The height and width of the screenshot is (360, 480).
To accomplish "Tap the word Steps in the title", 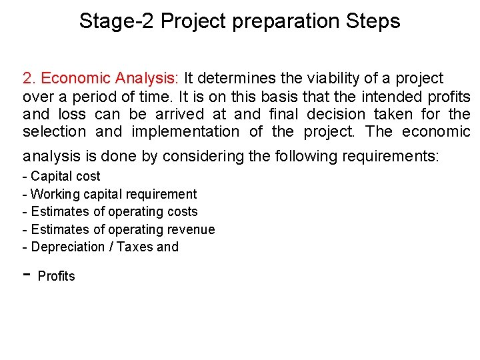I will [x=373, y=21].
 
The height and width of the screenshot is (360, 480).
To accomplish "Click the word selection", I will [x=55, y=131].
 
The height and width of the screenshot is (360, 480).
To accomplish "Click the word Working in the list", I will [x=55, y=194].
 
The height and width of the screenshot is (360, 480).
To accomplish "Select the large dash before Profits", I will [x=27, y=275].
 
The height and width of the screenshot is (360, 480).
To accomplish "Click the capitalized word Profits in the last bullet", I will [x=57, y=276].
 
